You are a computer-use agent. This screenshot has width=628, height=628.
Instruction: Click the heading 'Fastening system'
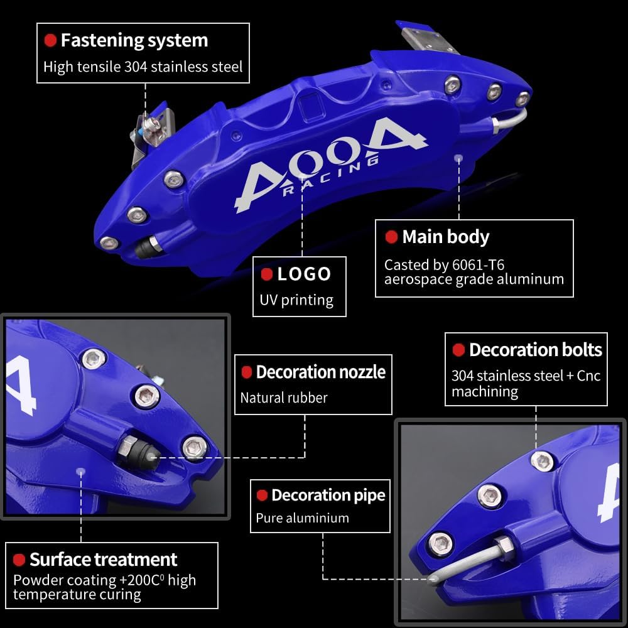coord(134,40)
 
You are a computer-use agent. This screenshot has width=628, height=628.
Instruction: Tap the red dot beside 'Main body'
coord(391,237)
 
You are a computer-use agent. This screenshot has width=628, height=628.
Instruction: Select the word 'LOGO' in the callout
coord(304,274)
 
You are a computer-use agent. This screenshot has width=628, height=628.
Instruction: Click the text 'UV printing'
coord(296,300)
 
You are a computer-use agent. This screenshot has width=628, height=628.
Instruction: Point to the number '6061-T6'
coord(478,265)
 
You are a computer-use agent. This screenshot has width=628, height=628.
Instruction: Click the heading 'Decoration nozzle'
coord(321,372)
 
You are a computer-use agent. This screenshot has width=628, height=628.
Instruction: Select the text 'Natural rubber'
coord(284,398)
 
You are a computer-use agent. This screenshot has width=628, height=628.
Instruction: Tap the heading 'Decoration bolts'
coord(536,350)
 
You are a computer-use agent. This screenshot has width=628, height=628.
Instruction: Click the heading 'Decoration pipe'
coord(328,495)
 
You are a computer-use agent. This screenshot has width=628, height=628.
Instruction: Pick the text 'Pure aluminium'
coord(303,518)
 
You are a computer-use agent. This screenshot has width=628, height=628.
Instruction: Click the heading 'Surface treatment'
coord(104,560)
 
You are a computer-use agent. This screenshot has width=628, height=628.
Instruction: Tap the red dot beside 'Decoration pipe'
coord(262,495)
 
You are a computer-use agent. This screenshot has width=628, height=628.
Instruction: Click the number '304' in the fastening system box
coord(136,67)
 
